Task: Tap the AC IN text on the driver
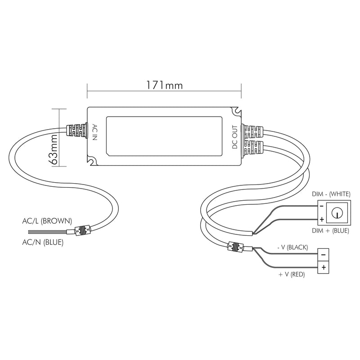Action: tap(94, 132)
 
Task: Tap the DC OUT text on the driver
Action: tap(234, 137)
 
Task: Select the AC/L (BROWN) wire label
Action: tap(47, 221)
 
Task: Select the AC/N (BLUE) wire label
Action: tap(42, 243)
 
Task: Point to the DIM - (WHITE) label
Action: tap(332, 194)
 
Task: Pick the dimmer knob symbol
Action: tap(336, 212)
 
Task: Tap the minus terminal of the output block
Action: tap(324, 255)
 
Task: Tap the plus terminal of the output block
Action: tap(324, 267)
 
